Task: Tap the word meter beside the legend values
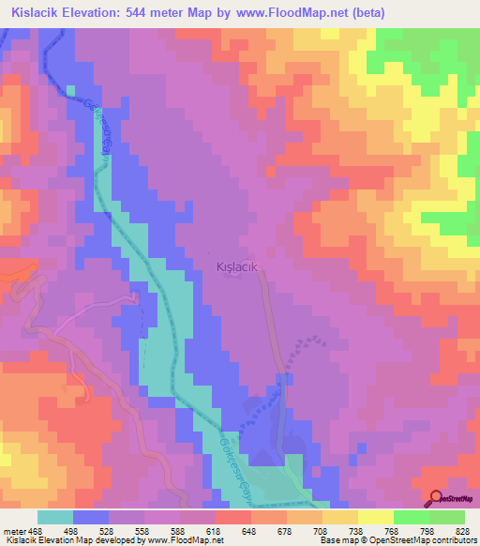pos(13,532)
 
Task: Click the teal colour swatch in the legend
pos(55,517)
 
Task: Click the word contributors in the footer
pos(455,540)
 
